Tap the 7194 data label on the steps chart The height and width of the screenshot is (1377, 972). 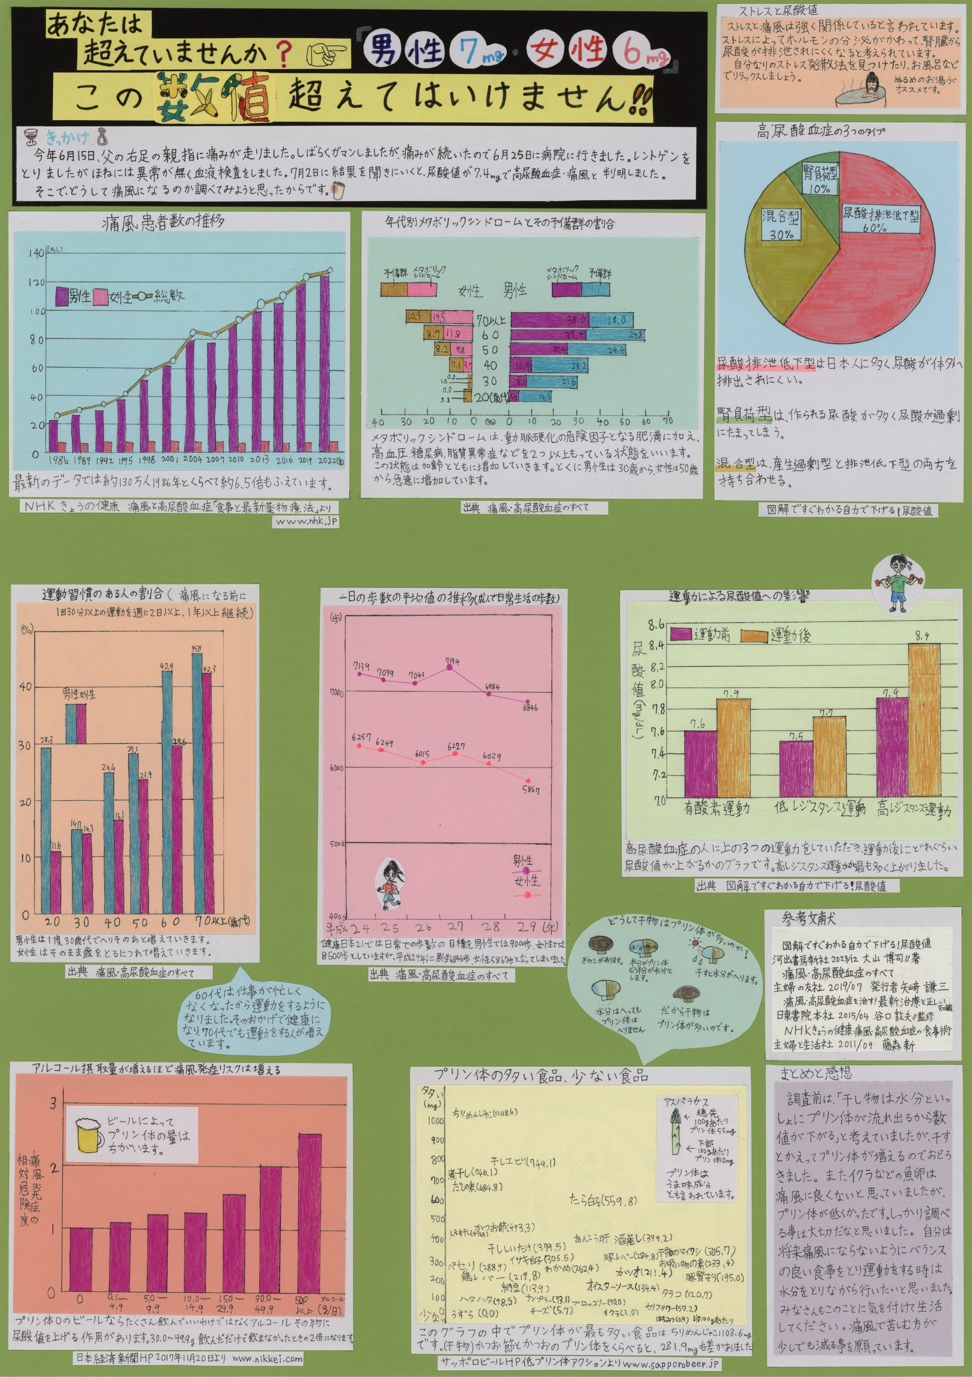[x=453, y=661]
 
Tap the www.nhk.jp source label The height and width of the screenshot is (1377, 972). [x=306, y=522]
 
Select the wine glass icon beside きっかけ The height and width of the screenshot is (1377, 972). [x=30, y=137]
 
